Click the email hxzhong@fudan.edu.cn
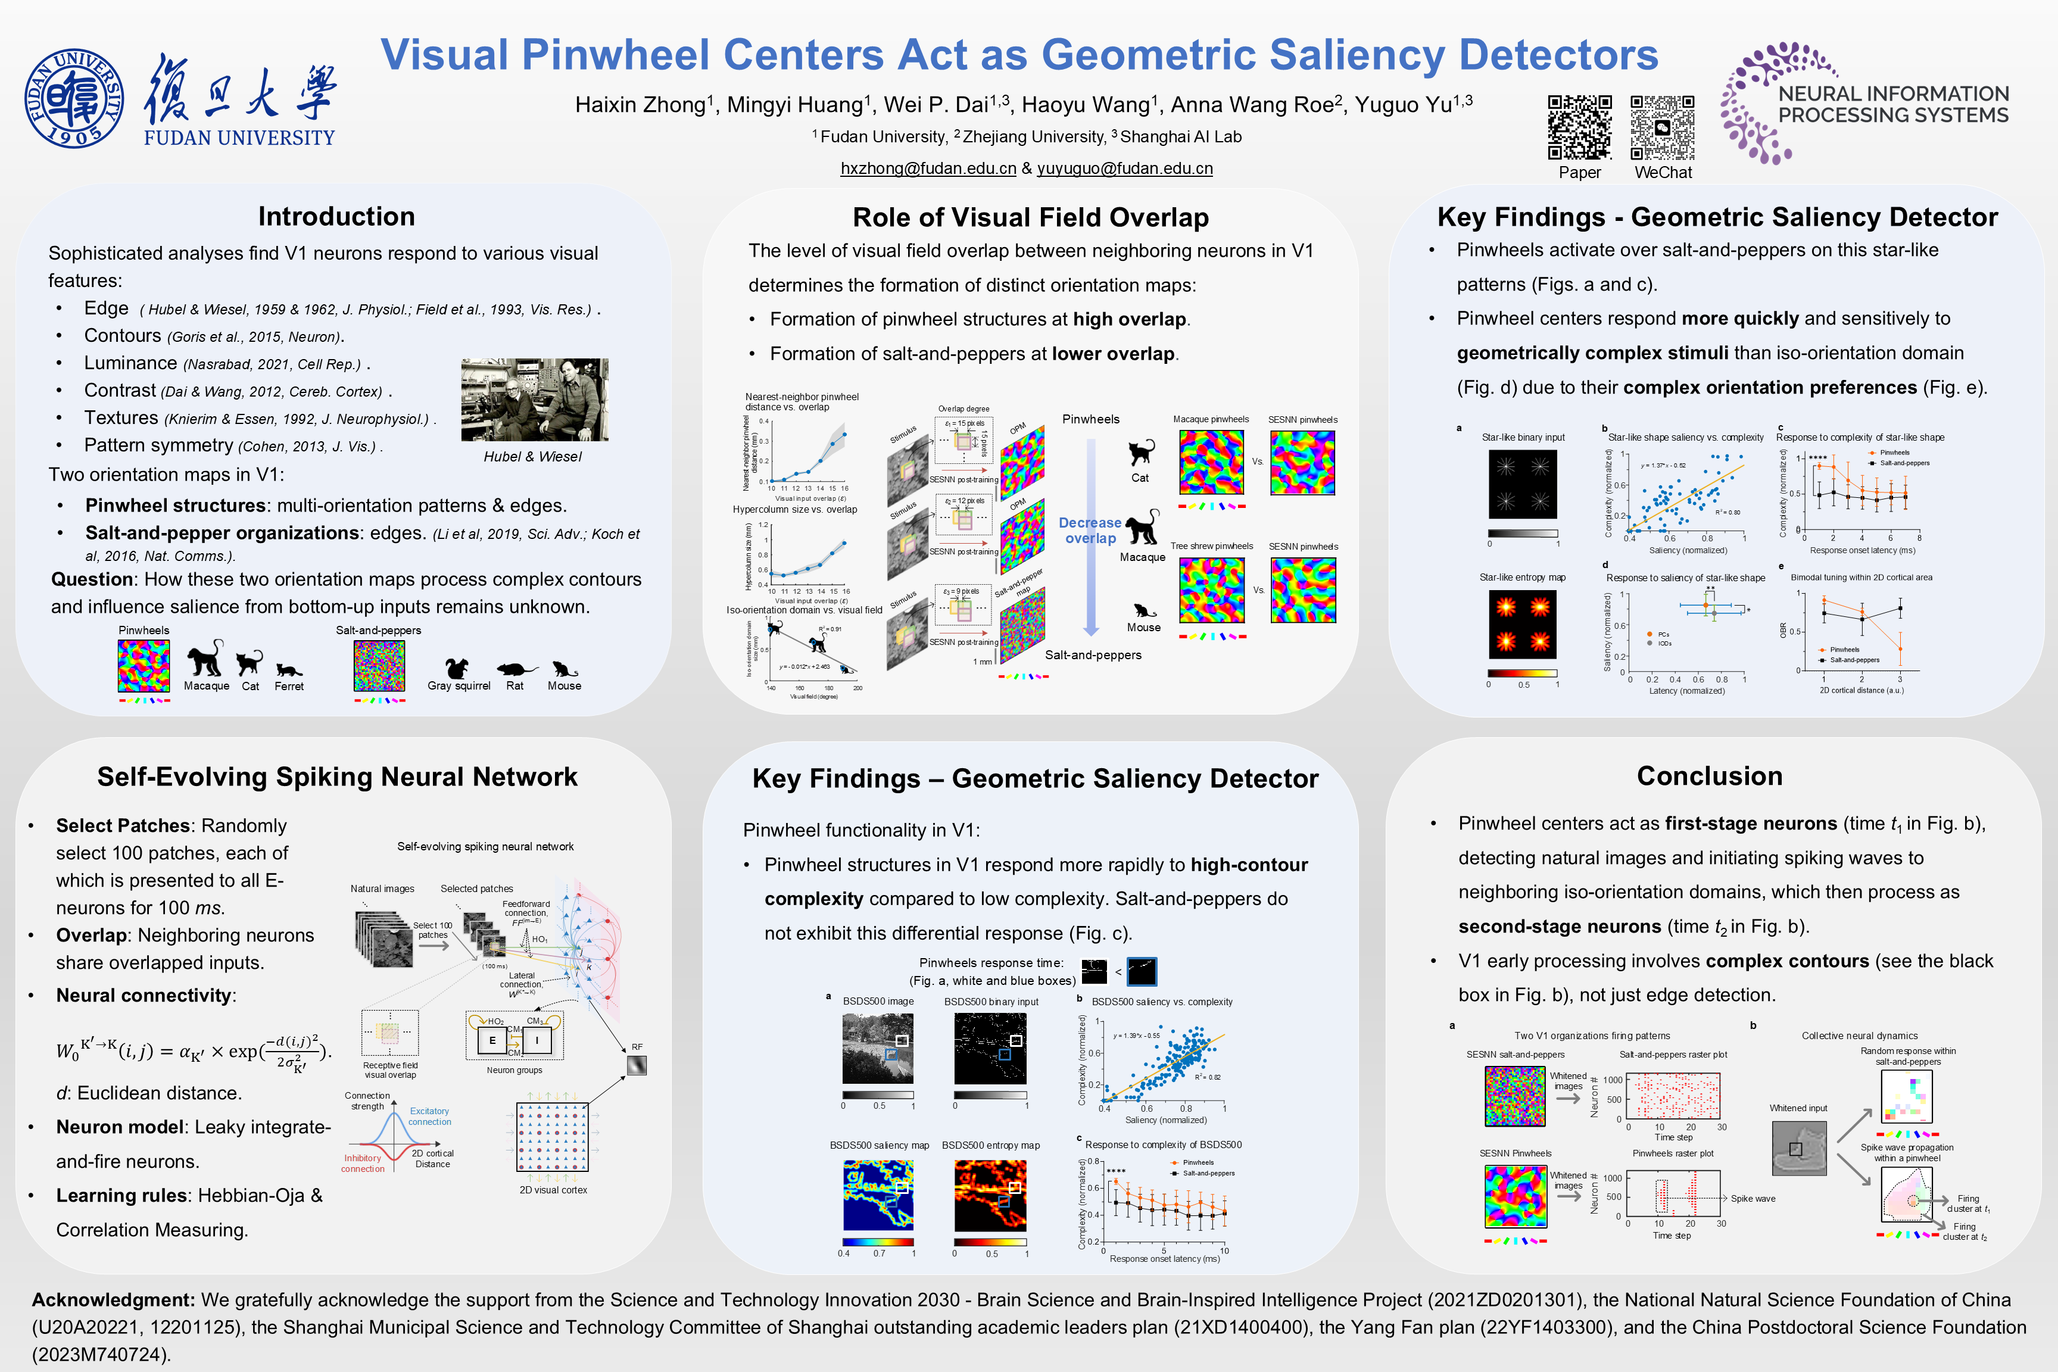click(928, 168)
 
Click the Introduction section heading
click(336, 216)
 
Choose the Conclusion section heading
click(1709, 776)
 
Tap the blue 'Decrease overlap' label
click(1090, 530)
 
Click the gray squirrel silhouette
click(457, 669)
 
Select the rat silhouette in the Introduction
click(516, 669)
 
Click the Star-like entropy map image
click(1523, 624)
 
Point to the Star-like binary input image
click(1523, 484)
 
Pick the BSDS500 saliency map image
click(878, 1195)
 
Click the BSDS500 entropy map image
click(990, 1195)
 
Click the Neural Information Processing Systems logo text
click(1892, 104)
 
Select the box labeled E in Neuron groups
click(492, 1040)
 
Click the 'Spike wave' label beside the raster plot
click(1753, 1199)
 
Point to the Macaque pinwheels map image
click(1211, 463)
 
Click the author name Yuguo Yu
click(1413, 105)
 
